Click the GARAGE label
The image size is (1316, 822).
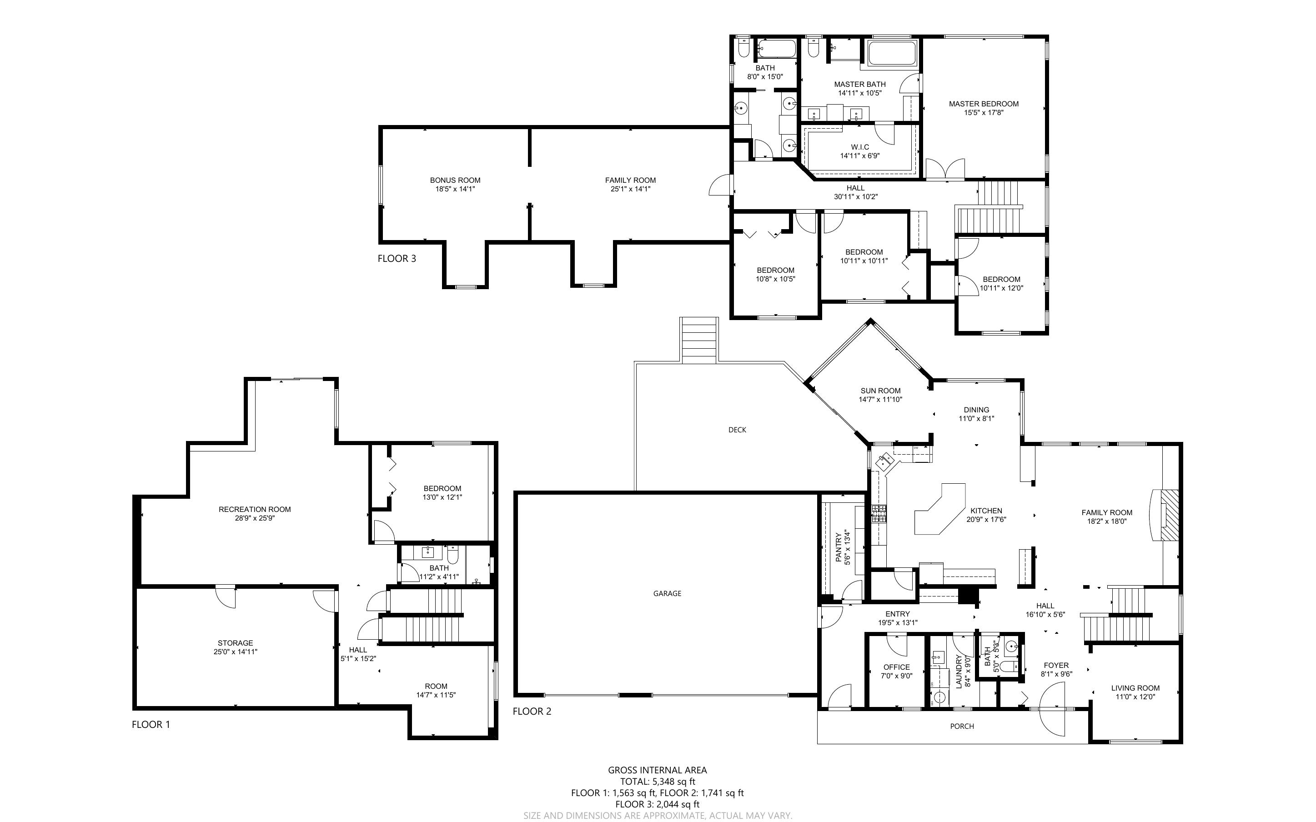pyautogui.click(x=667, y=594)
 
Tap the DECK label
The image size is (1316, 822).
pyautogui.click(x=737, y=430)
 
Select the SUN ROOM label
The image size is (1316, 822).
pyautogui.click(x=881, y=391)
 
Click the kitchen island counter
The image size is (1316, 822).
pyautogui.click(x=939, y=509)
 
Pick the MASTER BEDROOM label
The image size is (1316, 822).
pyautogui.click(x=984, y=104)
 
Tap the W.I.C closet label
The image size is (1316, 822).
pyautogui.click(x=860, y=147)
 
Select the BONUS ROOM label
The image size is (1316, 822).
pyautogui.click(x=455, y=180)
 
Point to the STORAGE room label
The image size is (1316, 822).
pyautogui.click(x=236, y=643)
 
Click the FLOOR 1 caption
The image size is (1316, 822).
pyautogui.click(x=151, y=725)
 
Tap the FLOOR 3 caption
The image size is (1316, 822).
pyautogui.click(x=397, y=259)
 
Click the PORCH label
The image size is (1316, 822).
pyautogui.click(x=962, y=727)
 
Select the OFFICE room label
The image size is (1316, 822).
pyautogui.click(x=896, y=667)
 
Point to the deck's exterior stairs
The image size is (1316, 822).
pyautogui.click(x=699, y=341)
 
